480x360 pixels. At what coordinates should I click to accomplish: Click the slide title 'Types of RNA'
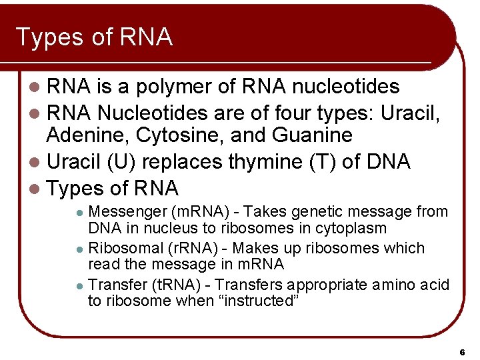tap(94, 37)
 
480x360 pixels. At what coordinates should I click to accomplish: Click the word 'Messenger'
tap(127, 212)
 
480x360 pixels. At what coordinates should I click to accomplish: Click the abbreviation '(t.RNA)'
tap(175, 285)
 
